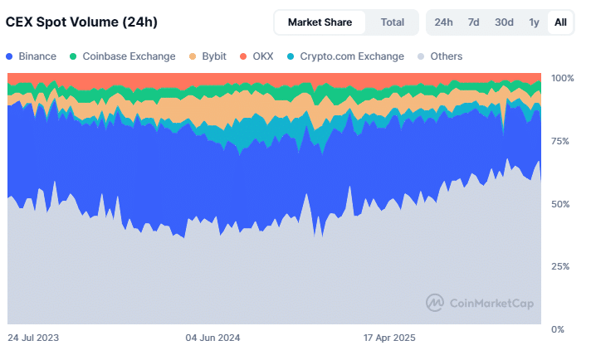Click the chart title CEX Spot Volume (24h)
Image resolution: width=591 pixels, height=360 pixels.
click(82, 22)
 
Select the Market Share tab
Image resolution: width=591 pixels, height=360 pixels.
click(320, 22)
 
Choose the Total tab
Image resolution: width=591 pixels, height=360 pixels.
click(393, 22)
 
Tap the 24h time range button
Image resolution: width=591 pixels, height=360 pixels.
click(444, 22)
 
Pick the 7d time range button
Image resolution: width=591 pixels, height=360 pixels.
click(473, 22)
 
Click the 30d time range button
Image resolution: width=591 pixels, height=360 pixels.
click(504, 22)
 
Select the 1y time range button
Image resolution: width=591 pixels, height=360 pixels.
click(534, 22)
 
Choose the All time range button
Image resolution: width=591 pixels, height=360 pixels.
click(560, 22)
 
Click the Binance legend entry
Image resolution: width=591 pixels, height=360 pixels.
click(32, 56)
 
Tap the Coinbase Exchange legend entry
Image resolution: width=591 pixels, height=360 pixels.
click(122, 56)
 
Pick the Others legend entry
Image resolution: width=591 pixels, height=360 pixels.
click(441, 56)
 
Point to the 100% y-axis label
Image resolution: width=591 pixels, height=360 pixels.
click(563, 78)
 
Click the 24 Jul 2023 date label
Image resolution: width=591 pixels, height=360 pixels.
click(33, 338)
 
